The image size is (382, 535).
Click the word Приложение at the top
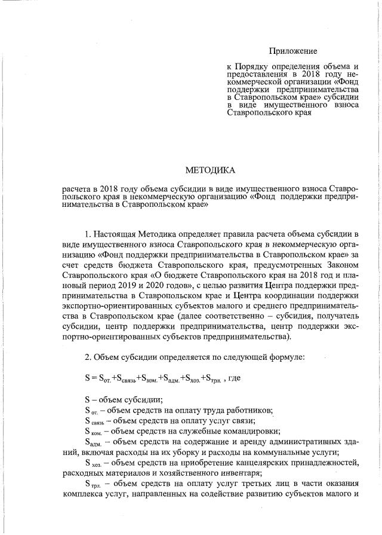pyautogui.click(x=292, y=51)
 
